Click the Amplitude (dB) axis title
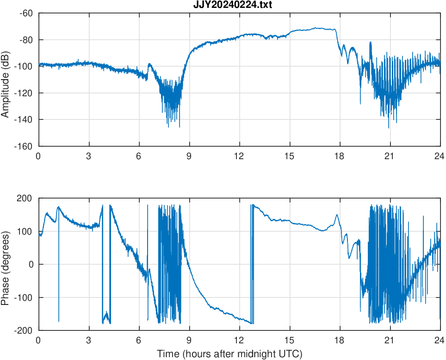(x=6, y=80)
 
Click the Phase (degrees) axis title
(x=6, y=264)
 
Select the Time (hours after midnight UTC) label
(x=229, y=354)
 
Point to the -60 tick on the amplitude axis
(x=26, y=13)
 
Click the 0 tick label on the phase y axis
(x=31, y=264)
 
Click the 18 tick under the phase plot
(x=340, y=341)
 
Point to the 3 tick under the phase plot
(x=89, y=341)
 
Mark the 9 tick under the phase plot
(x=189, y=341)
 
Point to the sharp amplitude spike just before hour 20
(x=371, y=43)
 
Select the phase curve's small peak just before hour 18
(x=337, y=215)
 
